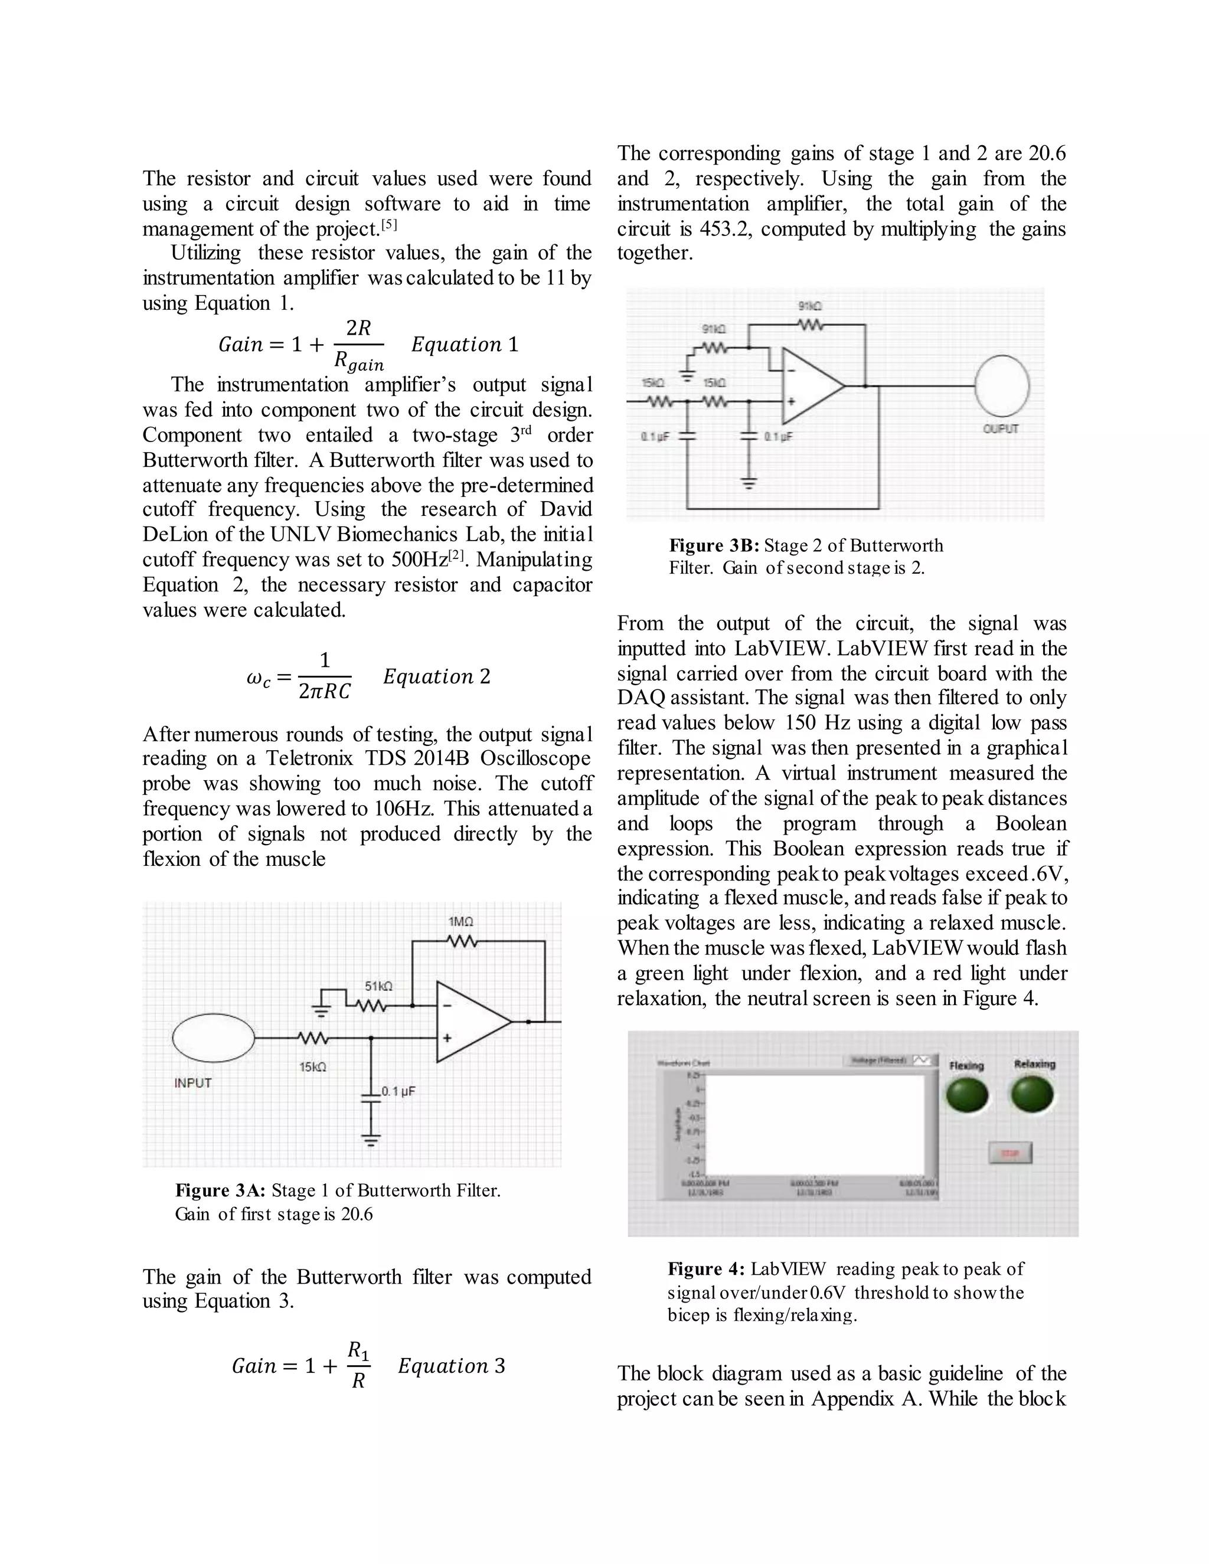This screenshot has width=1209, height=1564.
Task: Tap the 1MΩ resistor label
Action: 460,922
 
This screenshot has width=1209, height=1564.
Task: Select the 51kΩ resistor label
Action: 378,986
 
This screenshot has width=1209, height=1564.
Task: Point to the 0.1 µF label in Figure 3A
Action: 398,1091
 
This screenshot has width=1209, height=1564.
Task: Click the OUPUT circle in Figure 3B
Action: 1002,386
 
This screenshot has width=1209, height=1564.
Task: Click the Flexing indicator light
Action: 967,1095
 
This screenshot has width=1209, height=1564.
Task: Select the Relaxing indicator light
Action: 1032,1095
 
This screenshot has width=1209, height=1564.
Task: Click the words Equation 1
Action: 464,345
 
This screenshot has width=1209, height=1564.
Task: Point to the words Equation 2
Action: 436,677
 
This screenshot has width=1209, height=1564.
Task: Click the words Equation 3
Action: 451,1366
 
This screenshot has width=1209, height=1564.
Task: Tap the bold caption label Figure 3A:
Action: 220,1191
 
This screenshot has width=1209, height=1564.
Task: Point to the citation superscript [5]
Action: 389,225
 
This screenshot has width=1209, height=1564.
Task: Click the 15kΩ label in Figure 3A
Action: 312,1067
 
